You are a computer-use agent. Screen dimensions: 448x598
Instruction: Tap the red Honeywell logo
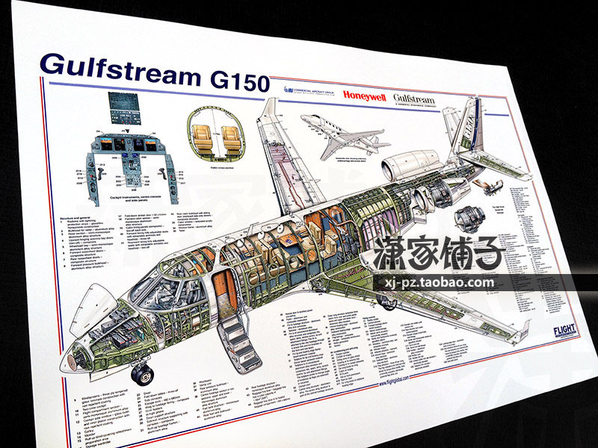[364, 96]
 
